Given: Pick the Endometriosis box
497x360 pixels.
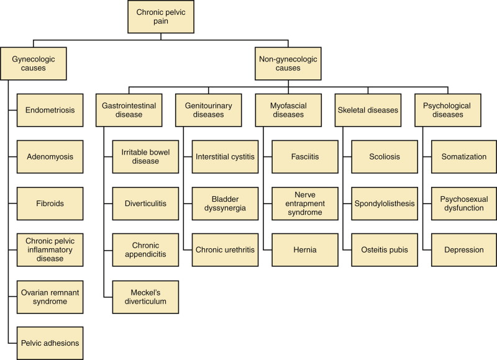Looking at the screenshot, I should pos(50,110).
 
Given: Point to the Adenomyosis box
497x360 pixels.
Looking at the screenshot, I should pos(50,157).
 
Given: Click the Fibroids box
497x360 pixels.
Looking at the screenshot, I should pos(50,204).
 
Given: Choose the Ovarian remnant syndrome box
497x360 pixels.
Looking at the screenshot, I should pos(50,296).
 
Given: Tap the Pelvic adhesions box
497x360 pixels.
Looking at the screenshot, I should pos(50,343).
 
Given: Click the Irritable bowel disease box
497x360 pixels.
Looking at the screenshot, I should pos(145,157).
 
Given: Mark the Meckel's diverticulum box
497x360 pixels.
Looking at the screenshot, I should pos(145,296).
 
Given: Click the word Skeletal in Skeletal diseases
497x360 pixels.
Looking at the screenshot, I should pos(355,110).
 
